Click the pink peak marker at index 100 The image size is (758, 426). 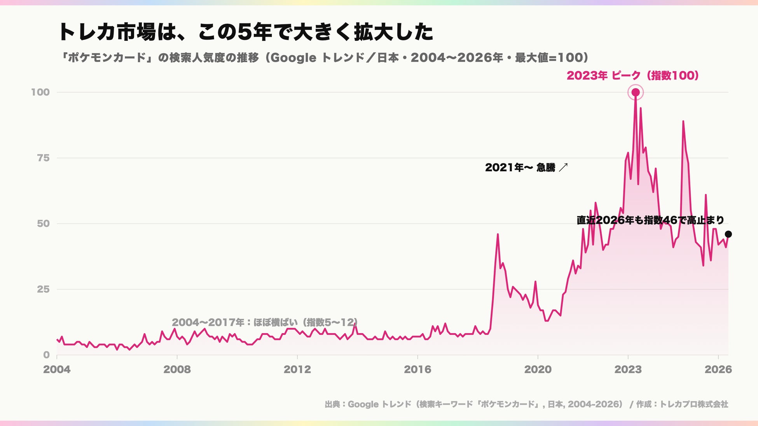click(x=636, y=92)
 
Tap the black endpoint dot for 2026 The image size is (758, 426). click(x=728, y=234)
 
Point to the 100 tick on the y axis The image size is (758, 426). click(x=40, y=92)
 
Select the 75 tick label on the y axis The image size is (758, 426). click(x=44, y=158)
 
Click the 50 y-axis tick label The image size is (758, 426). click(x=43, y=223)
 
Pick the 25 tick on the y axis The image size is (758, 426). click(x=44, y=289)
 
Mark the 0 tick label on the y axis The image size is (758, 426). click(x=47, y=355)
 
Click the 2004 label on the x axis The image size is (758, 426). click(x=57, y=369)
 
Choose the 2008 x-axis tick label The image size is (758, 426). click(x=177, y=369)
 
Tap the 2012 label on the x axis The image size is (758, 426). click(x=297, y=369)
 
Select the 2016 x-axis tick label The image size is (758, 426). click(x=417, y=369)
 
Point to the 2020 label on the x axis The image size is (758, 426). click(x=538, y=369)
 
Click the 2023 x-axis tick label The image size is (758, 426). click(x=628, y=369)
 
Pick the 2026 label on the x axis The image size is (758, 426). click(x=718, y=369)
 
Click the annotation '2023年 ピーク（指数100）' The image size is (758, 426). click(x=633, y=75)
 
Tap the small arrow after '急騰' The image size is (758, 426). click(x=563, y=167)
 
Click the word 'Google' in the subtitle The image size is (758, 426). click(x=293, y=58)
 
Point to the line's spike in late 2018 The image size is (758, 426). click(x=498, y=234)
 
